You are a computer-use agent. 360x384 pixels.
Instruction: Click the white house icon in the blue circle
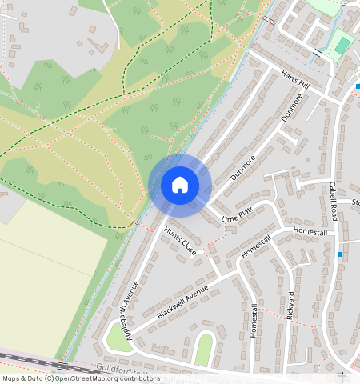click(x=180, y=185)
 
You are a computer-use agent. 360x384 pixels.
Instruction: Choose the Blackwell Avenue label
click(x=182, y=302)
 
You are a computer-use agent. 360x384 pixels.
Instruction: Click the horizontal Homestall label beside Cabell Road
click(x=310, y=231)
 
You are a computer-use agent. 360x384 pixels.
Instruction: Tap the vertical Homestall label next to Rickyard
click(x=253, y=320)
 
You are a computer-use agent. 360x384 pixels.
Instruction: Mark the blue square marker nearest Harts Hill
click(x=358, y=86)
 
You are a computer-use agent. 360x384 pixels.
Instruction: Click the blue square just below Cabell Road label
click(x=341, y=254)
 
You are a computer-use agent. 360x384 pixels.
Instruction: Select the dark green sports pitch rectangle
click(x=342, y=46)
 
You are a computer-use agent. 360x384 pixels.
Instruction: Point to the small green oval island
click(x=205, y=349)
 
